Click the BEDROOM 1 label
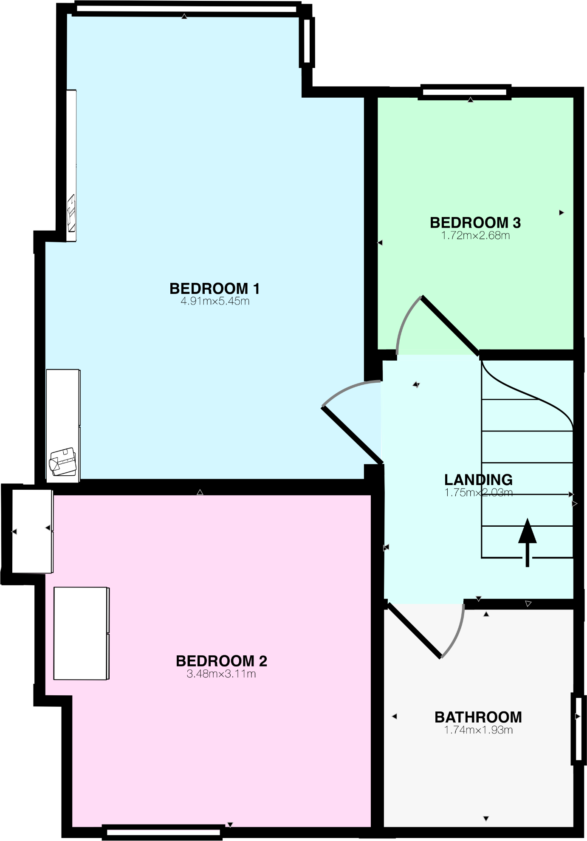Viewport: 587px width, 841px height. [214, 289]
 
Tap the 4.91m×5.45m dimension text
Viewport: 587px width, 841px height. [215, 302]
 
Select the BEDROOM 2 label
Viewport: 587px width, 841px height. [221, 661]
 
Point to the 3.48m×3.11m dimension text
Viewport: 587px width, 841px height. [221, 674]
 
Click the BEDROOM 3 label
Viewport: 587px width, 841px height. [475, 223]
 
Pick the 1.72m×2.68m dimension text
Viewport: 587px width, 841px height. [475, 236]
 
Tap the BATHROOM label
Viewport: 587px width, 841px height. [478, 717]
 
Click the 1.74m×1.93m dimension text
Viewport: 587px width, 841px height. [478, 730]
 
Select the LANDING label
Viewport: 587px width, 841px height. [478, 480]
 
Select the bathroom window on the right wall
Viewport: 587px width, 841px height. [578, 728]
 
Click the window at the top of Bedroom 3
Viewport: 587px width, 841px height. [464, 92]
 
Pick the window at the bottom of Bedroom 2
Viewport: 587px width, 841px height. [163, 832]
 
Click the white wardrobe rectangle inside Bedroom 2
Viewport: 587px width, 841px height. [81, 633]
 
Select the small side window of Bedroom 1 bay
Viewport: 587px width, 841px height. [307, 42]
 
